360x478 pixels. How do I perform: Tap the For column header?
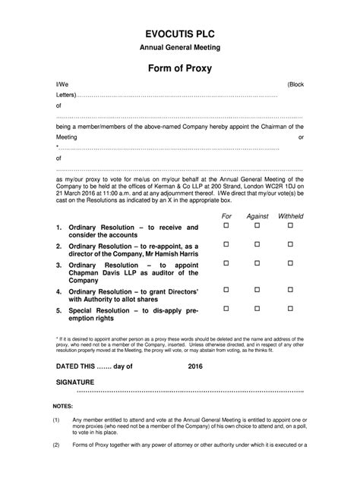tap(226, 215)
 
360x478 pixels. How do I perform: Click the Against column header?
tap(257, 215)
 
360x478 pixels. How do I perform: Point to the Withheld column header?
tap(289, 215)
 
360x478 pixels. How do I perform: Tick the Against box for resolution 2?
tap(257, 245)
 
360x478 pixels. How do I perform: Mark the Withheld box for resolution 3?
tap(289, 264)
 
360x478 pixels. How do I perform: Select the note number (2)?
tap(56, 445)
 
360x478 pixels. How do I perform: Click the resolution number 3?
tap(58, 265)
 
